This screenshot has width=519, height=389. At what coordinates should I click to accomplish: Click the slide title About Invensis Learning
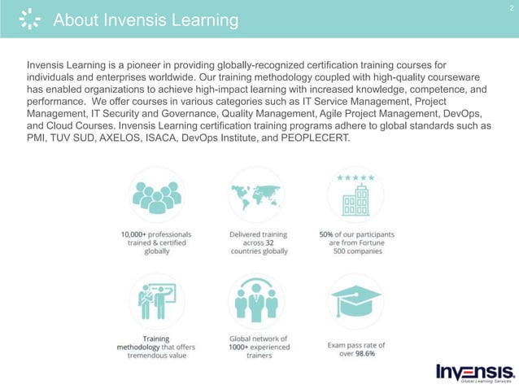pos(146,20)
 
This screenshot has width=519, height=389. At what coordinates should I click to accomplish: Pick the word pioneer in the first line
pos(150,63)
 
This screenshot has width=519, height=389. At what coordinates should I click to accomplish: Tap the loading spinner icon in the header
pos(27,20)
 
